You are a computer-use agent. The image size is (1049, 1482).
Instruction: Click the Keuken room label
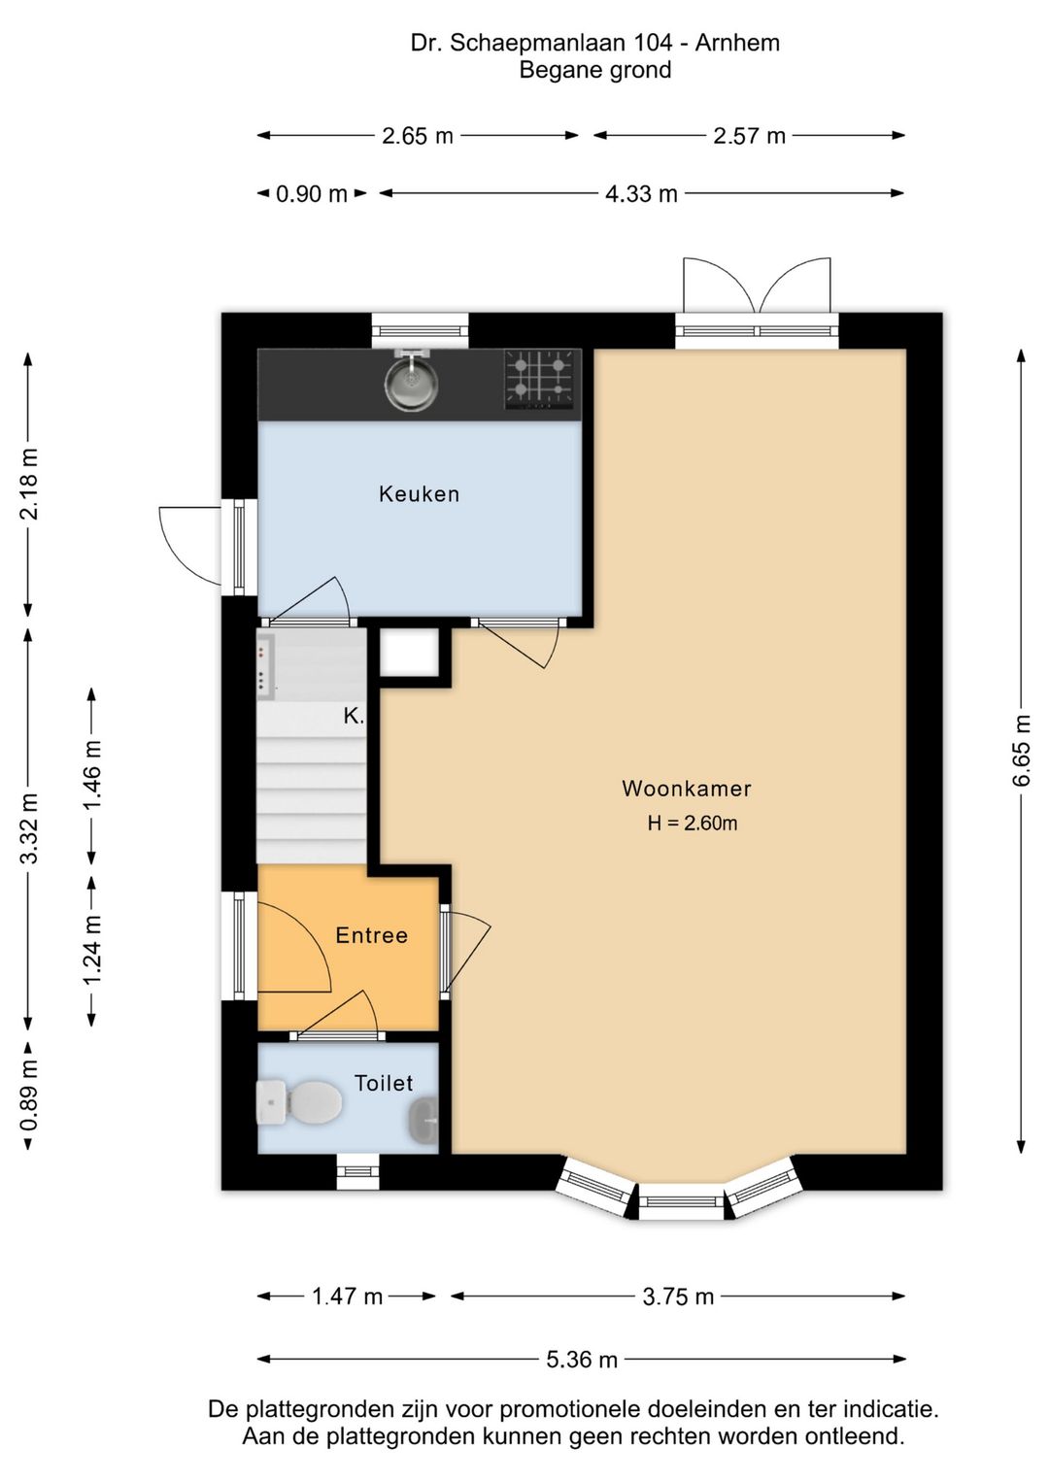pos(419,494)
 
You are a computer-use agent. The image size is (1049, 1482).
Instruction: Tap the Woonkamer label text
pos(687,789)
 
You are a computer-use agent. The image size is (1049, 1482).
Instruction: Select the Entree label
pos(371,935)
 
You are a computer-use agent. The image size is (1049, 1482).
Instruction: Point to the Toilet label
pos(384,1083)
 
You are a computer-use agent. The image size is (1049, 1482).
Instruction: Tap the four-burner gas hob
pos(539,379)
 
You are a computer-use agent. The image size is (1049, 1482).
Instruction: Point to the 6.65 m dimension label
pos(1021,751)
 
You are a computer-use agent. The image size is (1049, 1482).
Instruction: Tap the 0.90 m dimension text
pos(311,194)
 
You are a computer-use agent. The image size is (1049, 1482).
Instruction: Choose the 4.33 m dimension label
pos(641,194)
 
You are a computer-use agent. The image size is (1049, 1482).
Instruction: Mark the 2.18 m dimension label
pos(29,484)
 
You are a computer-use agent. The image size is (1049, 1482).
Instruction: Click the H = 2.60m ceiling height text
pos(693,824)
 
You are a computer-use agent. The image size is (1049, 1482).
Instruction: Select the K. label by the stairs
pos(354,716)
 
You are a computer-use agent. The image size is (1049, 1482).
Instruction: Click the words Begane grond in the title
pos(595,70)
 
